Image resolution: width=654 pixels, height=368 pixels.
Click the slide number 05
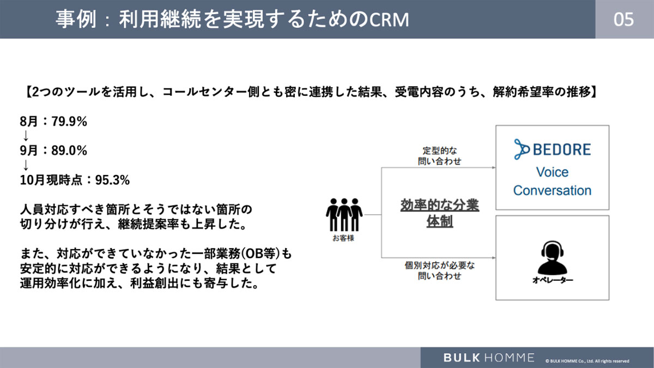(623, 19)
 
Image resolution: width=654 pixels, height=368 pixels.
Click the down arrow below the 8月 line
(25, 136)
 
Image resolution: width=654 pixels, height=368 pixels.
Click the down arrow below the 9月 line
(25, 165)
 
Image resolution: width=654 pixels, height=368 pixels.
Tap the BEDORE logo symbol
(524, 148)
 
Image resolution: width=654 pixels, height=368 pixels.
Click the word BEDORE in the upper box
(563, 149)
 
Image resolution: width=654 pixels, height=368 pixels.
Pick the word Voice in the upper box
(552, 172)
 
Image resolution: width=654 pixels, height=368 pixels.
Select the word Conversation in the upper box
(552, 190)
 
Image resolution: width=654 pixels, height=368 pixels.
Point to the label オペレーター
(552, 281)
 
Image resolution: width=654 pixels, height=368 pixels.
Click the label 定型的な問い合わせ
(441, 155)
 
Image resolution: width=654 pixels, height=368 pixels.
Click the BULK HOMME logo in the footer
(488, 358)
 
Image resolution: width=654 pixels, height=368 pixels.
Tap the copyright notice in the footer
(587, 360)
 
